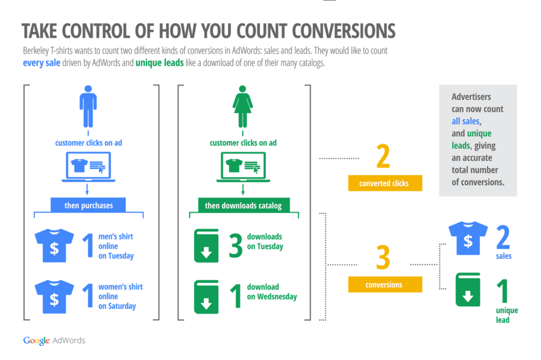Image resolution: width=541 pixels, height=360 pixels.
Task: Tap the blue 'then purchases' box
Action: click(88, 205)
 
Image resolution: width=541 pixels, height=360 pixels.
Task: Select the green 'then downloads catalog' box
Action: click(244, 205)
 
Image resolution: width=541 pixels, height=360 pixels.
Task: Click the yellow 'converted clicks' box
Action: click(385, 183)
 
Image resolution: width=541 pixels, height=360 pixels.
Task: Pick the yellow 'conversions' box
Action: click(385, 285)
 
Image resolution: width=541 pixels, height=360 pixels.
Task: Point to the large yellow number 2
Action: click(384, 156)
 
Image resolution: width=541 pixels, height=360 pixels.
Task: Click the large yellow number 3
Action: click(384, 257)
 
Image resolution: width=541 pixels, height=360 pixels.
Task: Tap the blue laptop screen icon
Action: click(88, 167)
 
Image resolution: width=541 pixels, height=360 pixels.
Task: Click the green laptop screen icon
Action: click(243, 167)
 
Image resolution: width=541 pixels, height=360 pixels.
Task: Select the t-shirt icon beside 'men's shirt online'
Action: click(54, 245)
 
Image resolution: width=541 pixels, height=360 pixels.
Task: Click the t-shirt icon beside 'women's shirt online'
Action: click(54, 297)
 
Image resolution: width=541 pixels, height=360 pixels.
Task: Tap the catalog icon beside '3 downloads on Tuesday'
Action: click(207, 246)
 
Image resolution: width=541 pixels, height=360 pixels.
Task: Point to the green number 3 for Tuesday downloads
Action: click(236, 245)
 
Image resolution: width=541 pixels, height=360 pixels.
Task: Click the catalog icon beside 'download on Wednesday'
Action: click(207, 297)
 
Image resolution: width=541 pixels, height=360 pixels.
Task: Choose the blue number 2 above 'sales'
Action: click(503, 237)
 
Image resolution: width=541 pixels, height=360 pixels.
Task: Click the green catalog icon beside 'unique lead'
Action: click(468, 290)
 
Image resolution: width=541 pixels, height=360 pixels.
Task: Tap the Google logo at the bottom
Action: click(36, 340)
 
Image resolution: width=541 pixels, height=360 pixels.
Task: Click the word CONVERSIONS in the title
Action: click(343, 31)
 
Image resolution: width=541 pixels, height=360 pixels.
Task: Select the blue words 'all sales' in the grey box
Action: click(465, 121)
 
